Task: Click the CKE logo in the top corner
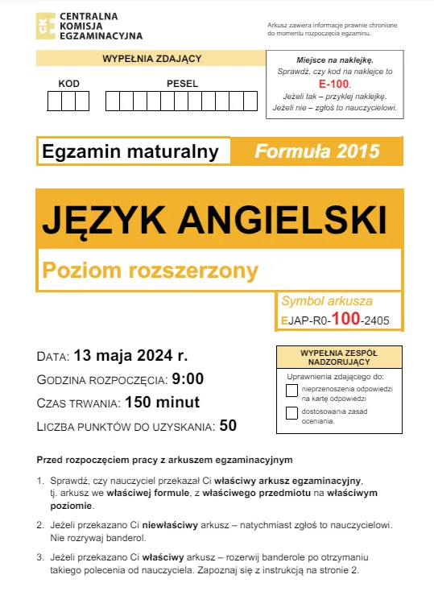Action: click(x=46, y=25)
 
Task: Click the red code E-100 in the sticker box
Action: click(x=334, y=83)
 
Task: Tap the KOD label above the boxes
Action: click(x=69, y=84)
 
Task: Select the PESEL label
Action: click(x=182, y=84)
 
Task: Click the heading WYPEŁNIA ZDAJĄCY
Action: click(x=151, y=59)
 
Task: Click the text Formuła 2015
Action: click(x=316, y=151)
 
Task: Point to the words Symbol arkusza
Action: click(x=327, y=301)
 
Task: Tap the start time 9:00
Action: click(x=188, y=379)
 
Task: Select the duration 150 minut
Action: click(x=162, y=403)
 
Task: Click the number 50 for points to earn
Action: click(x=228, y=426)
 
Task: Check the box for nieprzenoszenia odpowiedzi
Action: click(x=291, y=391)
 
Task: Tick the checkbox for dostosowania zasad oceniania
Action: click(x=291, y=414)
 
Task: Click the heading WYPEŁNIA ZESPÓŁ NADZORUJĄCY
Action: click(x=338, y=357)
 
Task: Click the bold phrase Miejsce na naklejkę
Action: click(x=334, y=60)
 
